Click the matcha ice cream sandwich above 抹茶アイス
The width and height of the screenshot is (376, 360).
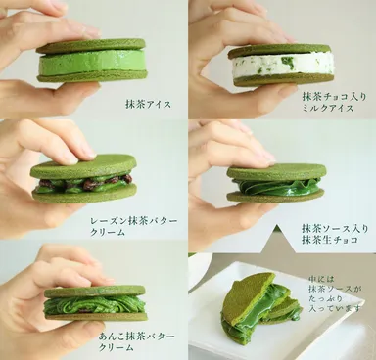pos(92,61)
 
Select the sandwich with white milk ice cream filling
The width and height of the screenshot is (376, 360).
pos(282,64)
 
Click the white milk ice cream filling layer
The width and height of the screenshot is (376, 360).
pos(283,66)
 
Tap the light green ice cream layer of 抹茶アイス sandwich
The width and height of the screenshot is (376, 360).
pos(92,63)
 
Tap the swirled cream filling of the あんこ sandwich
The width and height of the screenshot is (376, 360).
pos(94,305)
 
